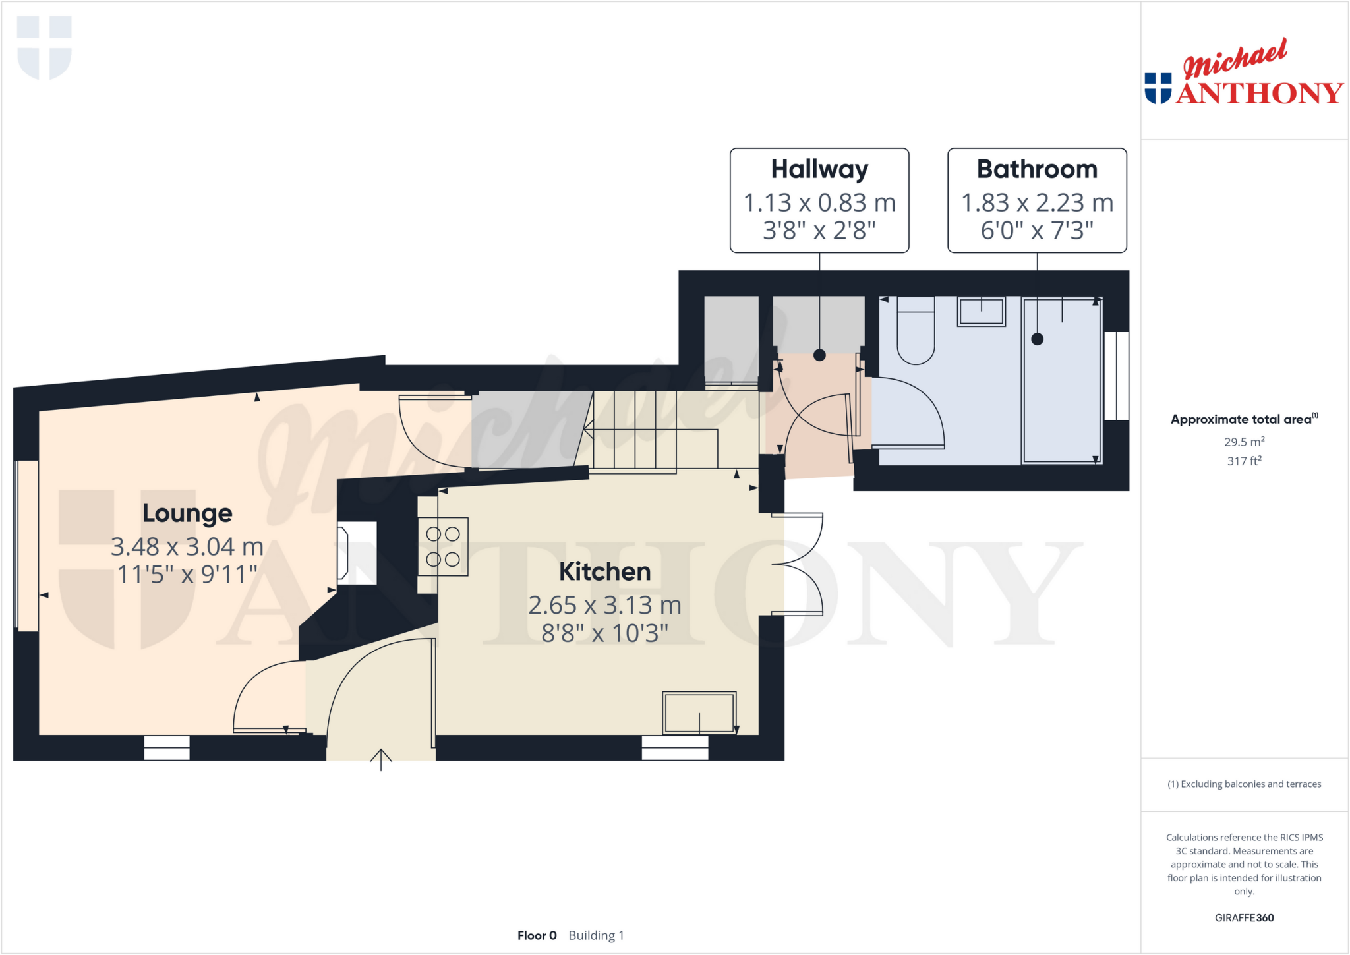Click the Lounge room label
187,513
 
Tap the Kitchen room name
604,571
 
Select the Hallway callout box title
819,169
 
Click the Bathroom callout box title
1037,169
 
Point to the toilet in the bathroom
916,333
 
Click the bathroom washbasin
982,311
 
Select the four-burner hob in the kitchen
443,546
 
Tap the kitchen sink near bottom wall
699,712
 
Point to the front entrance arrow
381,759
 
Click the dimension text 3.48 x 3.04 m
187,546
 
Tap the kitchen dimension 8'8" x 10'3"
604,633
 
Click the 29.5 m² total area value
1244,442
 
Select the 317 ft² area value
1244,461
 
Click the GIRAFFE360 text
1244,917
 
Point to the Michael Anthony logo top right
1243,74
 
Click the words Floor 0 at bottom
537,935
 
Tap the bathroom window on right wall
1117,376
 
